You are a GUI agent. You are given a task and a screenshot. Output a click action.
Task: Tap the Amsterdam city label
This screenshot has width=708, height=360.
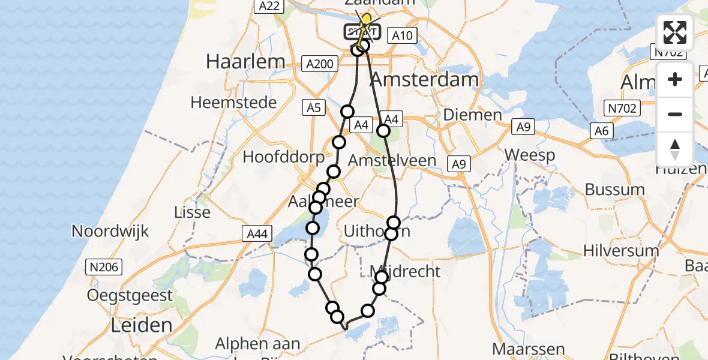pos(425,80)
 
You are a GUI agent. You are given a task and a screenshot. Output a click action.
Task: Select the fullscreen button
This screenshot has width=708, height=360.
pos(675,32)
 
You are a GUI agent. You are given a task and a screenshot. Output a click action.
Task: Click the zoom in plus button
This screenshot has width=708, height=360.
pos(675,79)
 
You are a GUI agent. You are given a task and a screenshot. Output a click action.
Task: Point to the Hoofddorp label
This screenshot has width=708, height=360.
pos(284,157)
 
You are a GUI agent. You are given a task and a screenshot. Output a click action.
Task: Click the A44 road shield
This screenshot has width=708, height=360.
pos(258,232)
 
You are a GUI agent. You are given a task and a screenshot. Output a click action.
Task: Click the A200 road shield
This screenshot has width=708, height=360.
pos(318,64)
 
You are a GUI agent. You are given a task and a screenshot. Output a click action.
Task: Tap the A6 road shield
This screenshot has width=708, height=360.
pos(602,131)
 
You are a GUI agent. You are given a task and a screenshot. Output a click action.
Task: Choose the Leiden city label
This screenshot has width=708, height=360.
pos(142,325)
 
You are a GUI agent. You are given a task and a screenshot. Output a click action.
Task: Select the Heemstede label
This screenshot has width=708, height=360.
pos(233,102)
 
